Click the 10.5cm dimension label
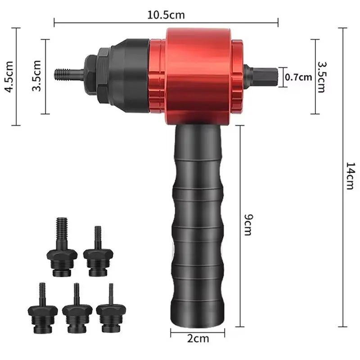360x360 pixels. (166, 15)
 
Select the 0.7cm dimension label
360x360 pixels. (298, 77)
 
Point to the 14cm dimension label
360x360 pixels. (351, 176)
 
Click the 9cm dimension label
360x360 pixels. (248, 225)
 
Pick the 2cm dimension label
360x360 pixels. (198, 339)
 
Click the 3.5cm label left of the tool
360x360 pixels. (37, 76)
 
